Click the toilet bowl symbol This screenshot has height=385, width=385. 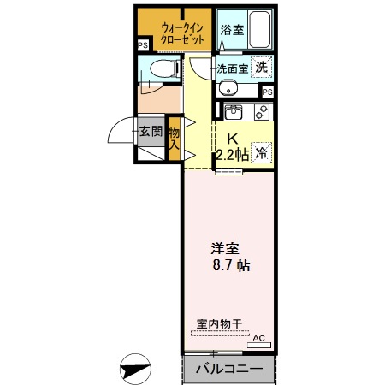[x=159, y=70]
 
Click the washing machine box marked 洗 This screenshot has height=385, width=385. [x=264, y=68]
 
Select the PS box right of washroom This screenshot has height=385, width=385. [x=268, y=92]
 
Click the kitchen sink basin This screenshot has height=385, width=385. [x=234, y=111]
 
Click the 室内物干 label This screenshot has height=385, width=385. [x=219, y=323]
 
